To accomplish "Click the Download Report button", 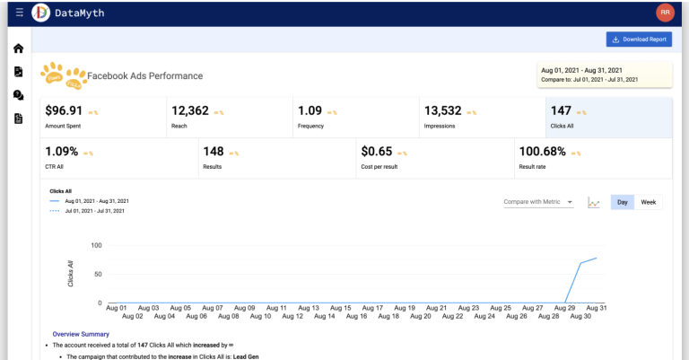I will tap(639, 40).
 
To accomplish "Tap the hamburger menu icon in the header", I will tap(8, 13).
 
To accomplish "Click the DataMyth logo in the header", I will tap(41, 13).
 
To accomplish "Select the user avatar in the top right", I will tap(665, 13).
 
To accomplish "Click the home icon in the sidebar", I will tap(18, 48).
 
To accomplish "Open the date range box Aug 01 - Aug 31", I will tap(603, 75).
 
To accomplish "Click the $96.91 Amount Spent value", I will tap(64, 111).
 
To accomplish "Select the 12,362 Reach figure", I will tap(190, 111).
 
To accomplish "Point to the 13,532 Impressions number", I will tap(443, 111).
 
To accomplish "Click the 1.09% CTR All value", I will tap(61, 152).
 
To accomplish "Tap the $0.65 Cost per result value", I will tap(376, 152).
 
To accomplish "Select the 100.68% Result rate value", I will tap(544, 152).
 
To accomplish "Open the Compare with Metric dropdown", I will tap(538, 202).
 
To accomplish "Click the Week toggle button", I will tap(648, 202).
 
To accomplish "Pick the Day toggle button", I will tap(621, 202).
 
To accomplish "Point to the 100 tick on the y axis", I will tap(96, 245).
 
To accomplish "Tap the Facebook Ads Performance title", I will tap(144, 76).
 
